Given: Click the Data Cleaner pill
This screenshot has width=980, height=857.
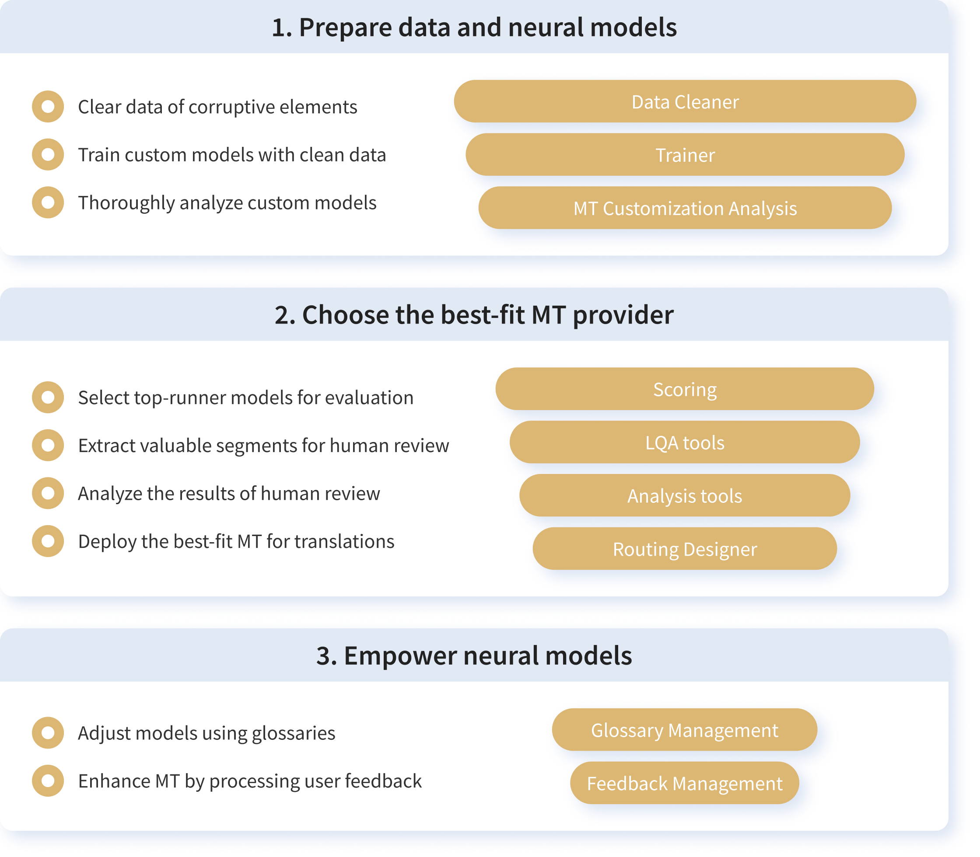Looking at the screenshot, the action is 685,101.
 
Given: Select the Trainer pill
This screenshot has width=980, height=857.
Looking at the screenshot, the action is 685,154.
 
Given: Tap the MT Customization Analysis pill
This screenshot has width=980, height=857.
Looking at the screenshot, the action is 685,208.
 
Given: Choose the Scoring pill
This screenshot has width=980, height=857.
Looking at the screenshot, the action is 685,389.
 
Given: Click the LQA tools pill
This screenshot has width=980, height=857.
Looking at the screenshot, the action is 685,442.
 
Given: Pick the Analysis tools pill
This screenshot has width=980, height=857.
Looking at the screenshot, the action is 685,495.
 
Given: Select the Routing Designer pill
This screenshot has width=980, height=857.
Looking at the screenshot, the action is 685,549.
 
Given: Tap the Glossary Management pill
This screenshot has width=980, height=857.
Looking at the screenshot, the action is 685,730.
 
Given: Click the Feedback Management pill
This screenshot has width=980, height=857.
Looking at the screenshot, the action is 685,783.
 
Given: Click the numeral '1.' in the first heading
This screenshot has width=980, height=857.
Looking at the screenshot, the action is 282,28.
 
